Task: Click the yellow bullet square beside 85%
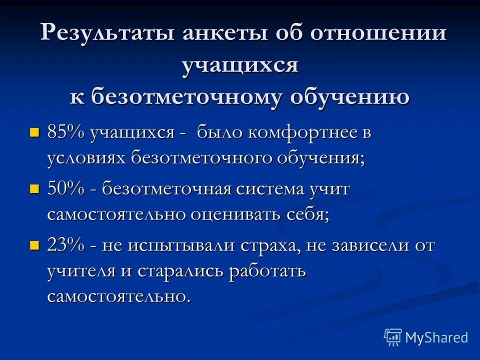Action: click(x=34, y=133)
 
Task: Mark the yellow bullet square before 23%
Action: click(x=34, y=246)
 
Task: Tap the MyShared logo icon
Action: click(x=392, y=337)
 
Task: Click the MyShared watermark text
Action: click(x=436, y=337)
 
